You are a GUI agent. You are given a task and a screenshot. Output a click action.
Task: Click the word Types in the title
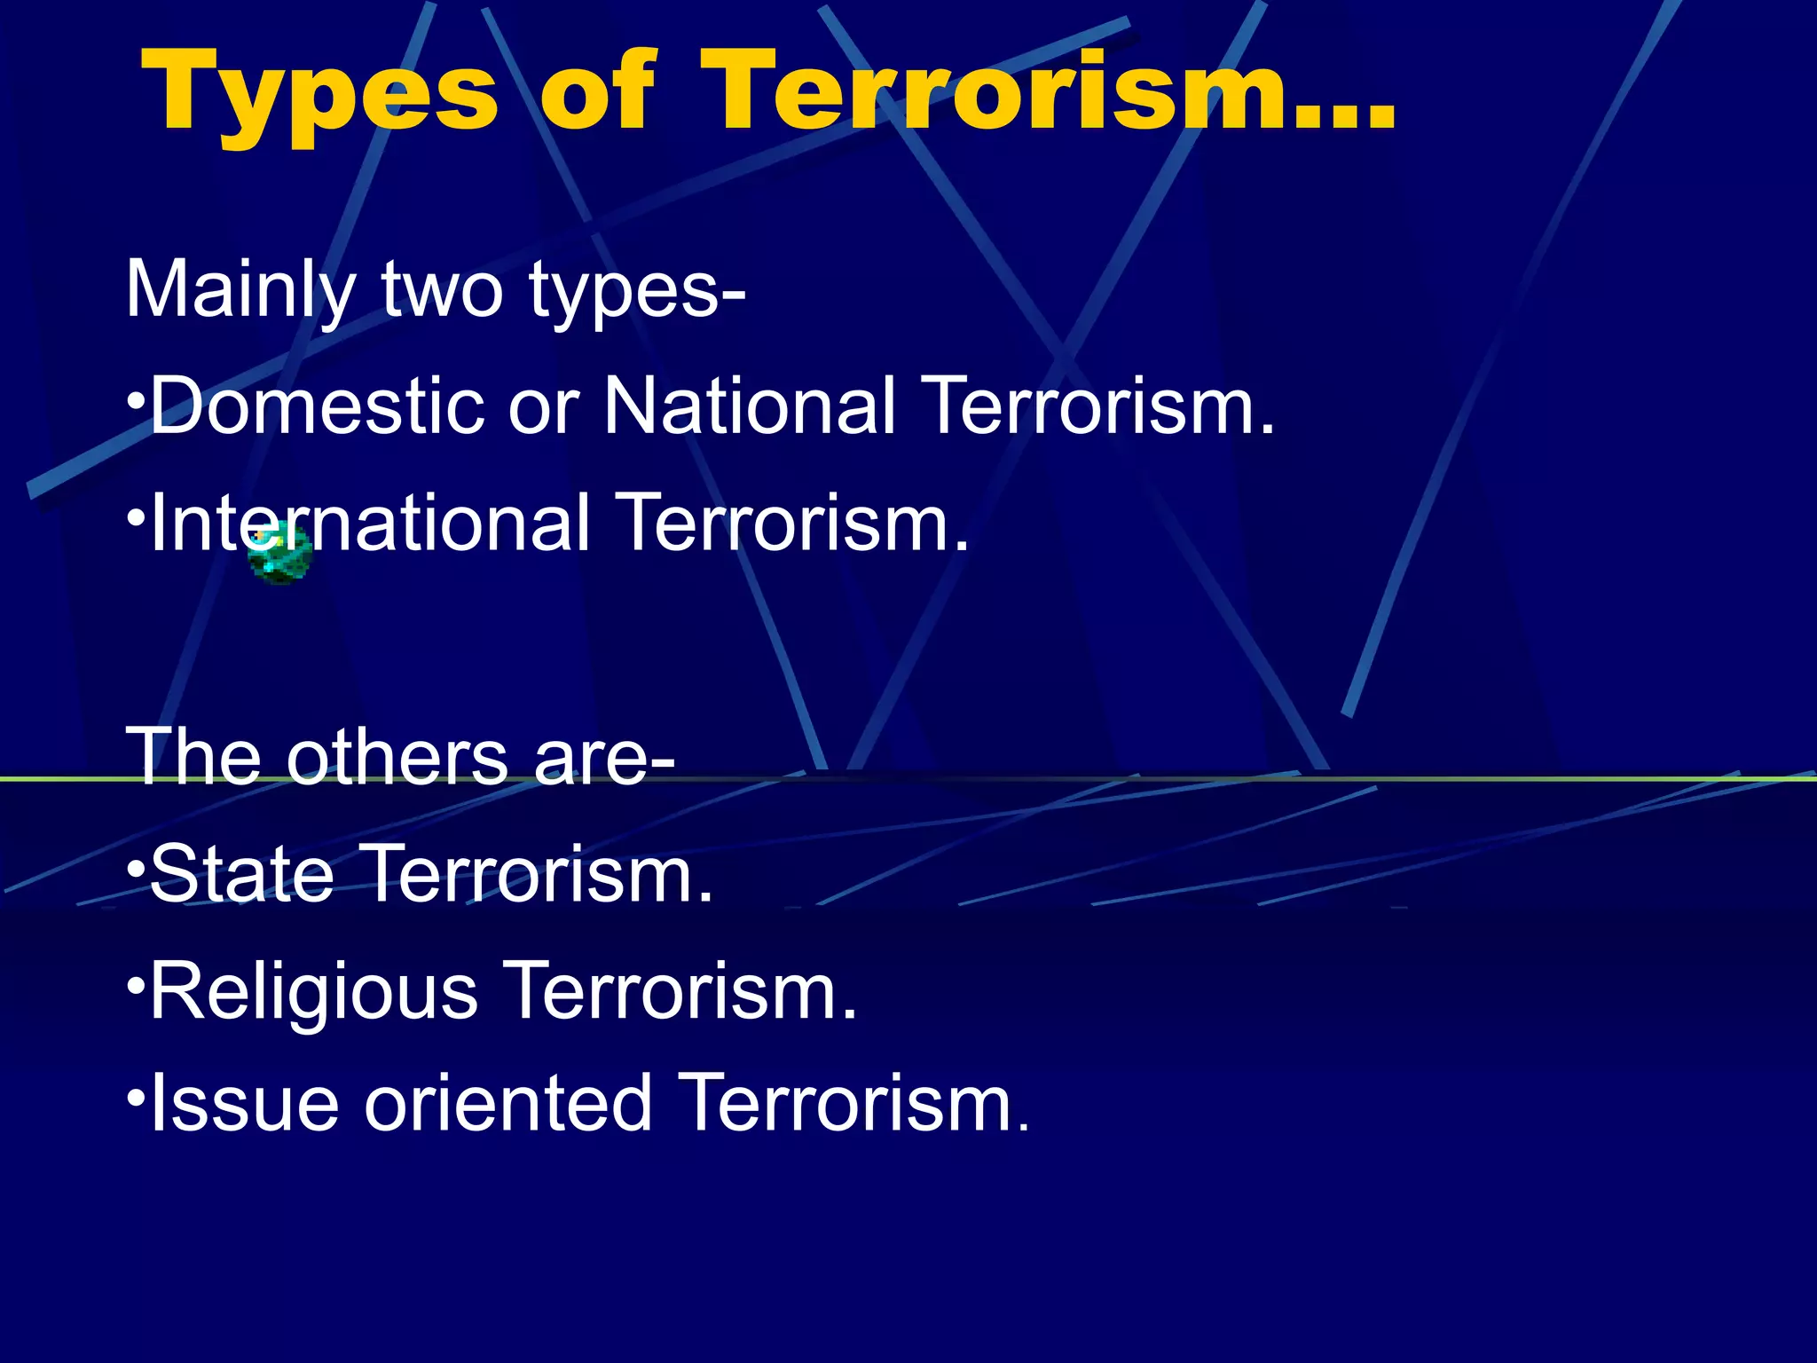point(319,93)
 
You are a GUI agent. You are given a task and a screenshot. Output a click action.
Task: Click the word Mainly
point(240,290)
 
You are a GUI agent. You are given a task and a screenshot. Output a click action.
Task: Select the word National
point(750,406)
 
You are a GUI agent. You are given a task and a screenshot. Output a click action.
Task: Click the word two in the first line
point(442,290)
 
